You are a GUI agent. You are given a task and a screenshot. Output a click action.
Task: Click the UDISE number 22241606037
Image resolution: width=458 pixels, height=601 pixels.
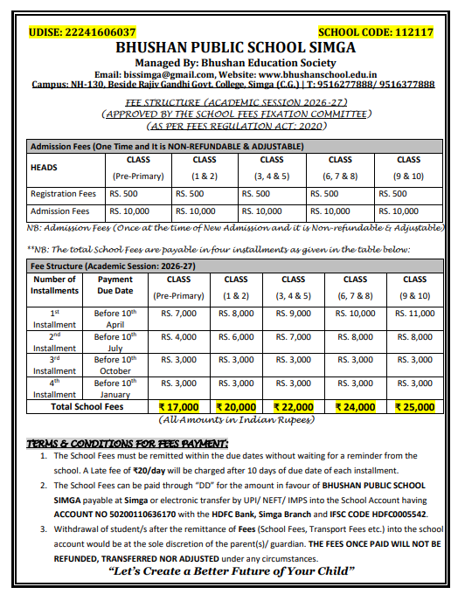pos(100,32)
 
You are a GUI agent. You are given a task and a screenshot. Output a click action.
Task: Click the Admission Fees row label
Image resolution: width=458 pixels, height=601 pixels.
pos(60,211)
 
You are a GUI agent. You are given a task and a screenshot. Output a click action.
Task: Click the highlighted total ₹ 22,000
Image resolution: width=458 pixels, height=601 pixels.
pos(294,407)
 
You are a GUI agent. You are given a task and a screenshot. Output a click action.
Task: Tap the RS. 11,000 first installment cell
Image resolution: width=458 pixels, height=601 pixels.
pos(415,313)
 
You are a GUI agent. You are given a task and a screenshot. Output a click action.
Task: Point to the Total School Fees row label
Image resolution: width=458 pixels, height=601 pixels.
pos(87,407)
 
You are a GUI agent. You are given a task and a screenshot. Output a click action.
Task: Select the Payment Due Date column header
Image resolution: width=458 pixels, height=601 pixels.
pos(115,286)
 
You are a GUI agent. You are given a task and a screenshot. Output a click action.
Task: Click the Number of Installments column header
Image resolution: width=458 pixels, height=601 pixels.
pos(55,286)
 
